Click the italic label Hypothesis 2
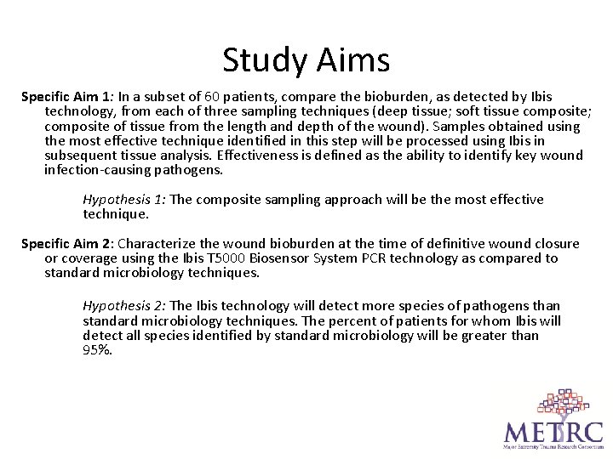point(124,306)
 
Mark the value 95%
point(96,348)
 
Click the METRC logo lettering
point(553,430)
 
